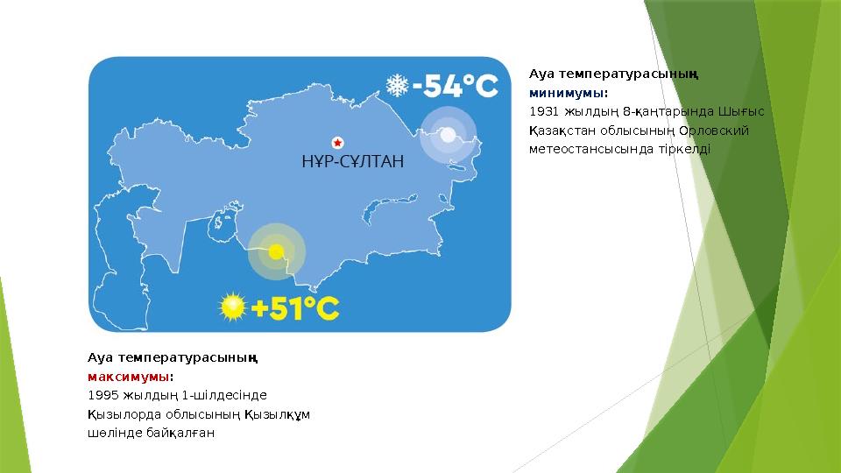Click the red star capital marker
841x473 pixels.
(x=337, y=143)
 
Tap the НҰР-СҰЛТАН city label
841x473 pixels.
(x=352, y=161)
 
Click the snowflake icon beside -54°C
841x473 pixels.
(x=398, y=85)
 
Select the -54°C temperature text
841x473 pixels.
(x=456, y=86)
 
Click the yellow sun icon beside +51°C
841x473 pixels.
(x=233, y=307)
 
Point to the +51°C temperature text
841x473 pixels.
(x=295, y=308)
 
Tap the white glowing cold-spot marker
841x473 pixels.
(x=448, y=135)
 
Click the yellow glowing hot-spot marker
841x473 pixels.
(x=276, y=251)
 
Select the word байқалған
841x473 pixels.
(x=180, y=433)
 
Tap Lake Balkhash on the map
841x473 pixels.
(x=389, y=207)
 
